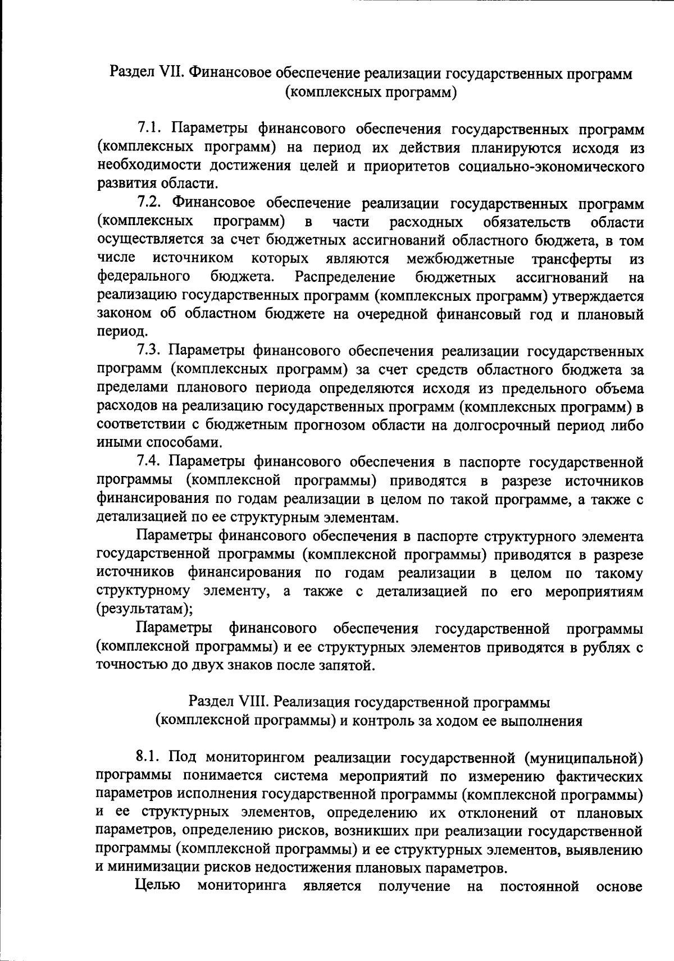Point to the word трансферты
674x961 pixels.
click(x=572, y=259)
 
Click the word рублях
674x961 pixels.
click(x=607, y=648)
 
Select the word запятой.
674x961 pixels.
click(x=347, y=666)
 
